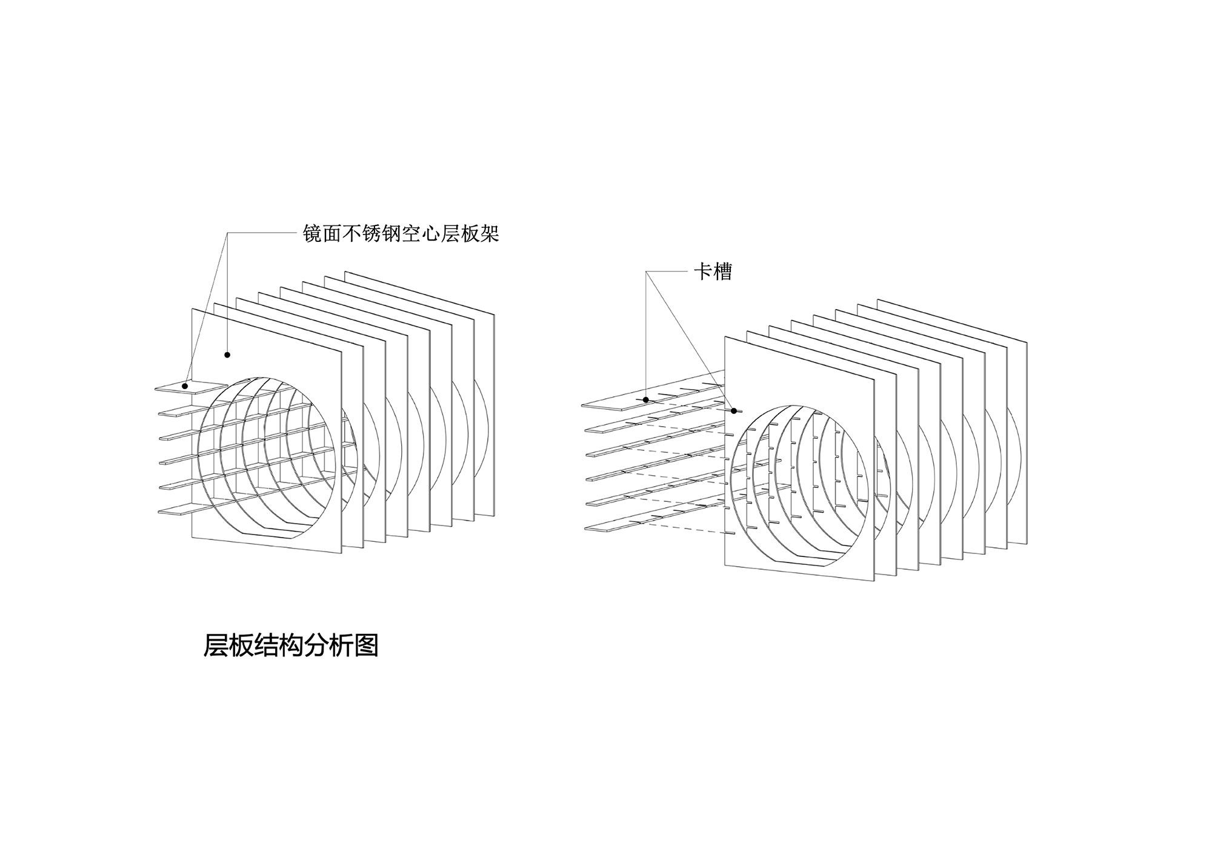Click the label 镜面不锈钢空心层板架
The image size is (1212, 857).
point(401,234)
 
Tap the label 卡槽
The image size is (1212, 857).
point(713,272)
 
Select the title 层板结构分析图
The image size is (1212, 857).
point(291,645)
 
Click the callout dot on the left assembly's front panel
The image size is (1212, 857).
point(227,355)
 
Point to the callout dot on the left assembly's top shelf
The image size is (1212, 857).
point(185,385)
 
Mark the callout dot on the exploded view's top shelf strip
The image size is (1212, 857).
point(646,399)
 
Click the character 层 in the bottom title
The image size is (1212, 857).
point(215,645)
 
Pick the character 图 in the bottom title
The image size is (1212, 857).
point(367,645)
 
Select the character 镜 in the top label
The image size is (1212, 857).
point(313,234)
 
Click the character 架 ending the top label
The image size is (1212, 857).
point(489,234)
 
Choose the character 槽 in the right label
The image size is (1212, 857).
point(722,272)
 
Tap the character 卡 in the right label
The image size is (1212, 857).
point(703,272)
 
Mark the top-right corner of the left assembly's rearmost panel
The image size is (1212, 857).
point(494,315)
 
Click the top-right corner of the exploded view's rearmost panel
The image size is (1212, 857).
point(1027,342)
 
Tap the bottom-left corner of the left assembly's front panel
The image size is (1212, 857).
point(192,536)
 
